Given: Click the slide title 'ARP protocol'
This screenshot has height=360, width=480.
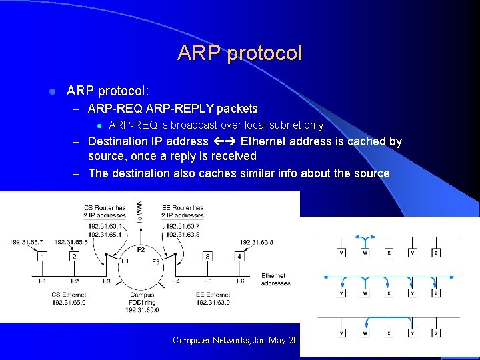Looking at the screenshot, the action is [x=240, y=53].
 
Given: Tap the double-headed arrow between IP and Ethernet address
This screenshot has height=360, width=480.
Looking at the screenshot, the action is [x=224, y=141].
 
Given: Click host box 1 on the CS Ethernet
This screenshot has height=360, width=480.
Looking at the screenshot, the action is [x=43, y=256].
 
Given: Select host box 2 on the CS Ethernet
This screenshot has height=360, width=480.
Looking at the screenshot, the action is [x=74, y=256].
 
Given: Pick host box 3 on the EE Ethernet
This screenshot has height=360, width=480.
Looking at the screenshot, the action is [x=208, y=256].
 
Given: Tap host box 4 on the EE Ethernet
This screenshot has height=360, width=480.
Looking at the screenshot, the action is [x=239, y=256].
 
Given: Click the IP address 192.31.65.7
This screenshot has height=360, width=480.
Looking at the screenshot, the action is [x=27, y=242].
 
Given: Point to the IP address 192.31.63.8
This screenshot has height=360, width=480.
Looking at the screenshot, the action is [x=257, y=242].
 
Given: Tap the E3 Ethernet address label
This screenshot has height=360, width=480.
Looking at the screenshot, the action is [x=107, y=282].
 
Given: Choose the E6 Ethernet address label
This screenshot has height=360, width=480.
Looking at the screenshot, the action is [x=240, y=282].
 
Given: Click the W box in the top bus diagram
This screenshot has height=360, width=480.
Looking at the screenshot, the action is [x=365, y=253].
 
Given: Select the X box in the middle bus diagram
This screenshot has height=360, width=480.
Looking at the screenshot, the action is [x=389, y=293].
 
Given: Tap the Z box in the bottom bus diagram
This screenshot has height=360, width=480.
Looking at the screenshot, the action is [x=436, y=333].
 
